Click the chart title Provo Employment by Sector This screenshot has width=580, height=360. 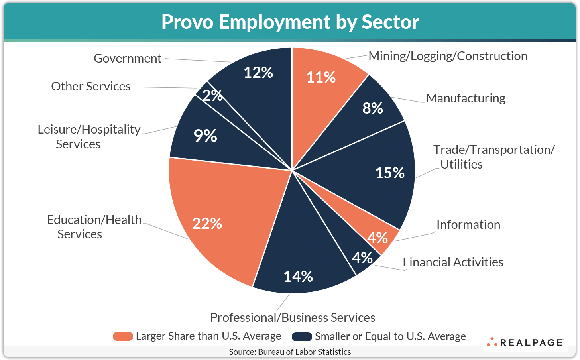(x=290, y=22)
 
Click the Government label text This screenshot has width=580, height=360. (x=128, y=59)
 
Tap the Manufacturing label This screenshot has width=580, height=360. (x=466, y=98)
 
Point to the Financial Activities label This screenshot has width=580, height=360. (x=453, y=262)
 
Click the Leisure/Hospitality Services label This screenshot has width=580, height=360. (x=88, y=136)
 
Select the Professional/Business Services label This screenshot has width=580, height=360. (x=293, y=317)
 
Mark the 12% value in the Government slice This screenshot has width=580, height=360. (x=258, y=73)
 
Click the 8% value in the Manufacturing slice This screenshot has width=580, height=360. (x=373, y=108)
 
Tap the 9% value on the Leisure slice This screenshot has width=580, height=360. (x=205, y=136)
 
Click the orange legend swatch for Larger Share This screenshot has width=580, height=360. (x=123, y=336)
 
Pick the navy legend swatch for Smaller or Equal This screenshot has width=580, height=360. (x=302, y=336)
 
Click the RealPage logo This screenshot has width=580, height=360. (x=525, y=342)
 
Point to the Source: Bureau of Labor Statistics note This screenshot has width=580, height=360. (x=290, y=352)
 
